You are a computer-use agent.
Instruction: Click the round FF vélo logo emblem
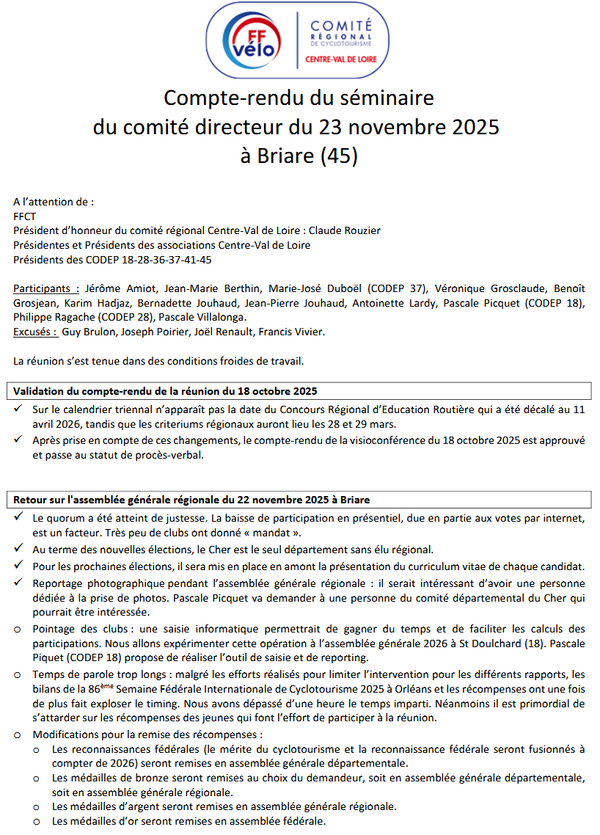click(252, 40)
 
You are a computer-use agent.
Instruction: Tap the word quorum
click(70, 518)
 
